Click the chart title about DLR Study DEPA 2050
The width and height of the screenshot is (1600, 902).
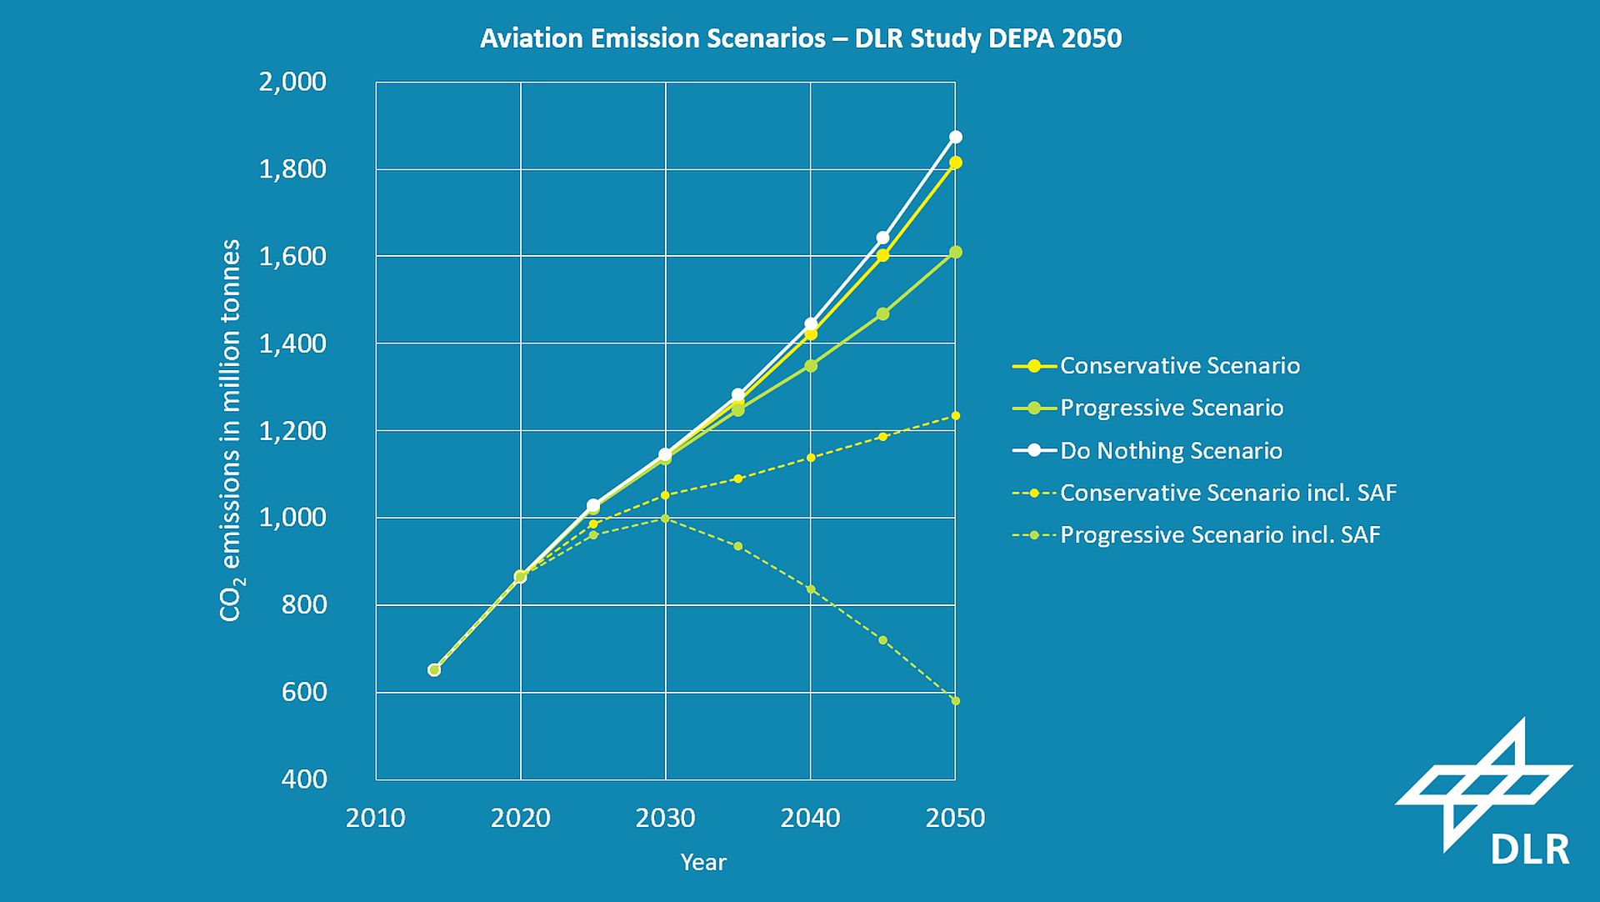[800, 38]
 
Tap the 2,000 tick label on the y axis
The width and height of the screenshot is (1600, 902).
[292, 82]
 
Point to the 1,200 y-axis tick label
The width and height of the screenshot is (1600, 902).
[292, 431]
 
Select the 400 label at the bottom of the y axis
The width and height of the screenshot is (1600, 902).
[304, 779]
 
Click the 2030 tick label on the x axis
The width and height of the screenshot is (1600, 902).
[665, 818]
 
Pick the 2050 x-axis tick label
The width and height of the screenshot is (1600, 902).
[955, 818]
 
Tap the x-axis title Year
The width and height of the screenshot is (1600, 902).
[703, 862]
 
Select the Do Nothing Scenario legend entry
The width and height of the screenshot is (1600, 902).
[1170, 451]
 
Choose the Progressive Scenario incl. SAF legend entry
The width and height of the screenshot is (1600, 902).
[1219, 535]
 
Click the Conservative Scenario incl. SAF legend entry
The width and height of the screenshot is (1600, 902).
[1227, 493]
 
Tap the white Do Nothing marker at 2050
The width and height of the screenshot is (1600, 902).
[956, 137]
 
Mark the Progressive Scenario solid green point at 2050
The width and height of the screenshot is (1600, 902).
[956, 252]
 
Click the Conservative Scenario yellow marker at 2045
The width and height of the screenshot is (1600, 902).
[883, 255]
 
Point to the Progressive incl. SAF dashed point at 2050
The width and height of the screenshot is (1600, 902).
[956, 700]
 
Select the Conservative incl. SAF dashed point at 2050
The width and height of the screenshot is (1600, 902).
[956, 415]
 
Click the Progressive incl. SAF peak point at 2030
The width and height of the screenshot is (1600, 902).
[665, 518]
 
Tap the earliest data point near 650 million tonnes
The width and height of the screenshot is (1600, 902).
[434, 669]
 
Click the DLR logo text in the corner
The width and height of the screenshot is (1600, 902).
[1529, 849]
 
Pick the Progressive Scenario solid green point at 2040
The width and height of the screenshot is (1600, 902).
[811, 365]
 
